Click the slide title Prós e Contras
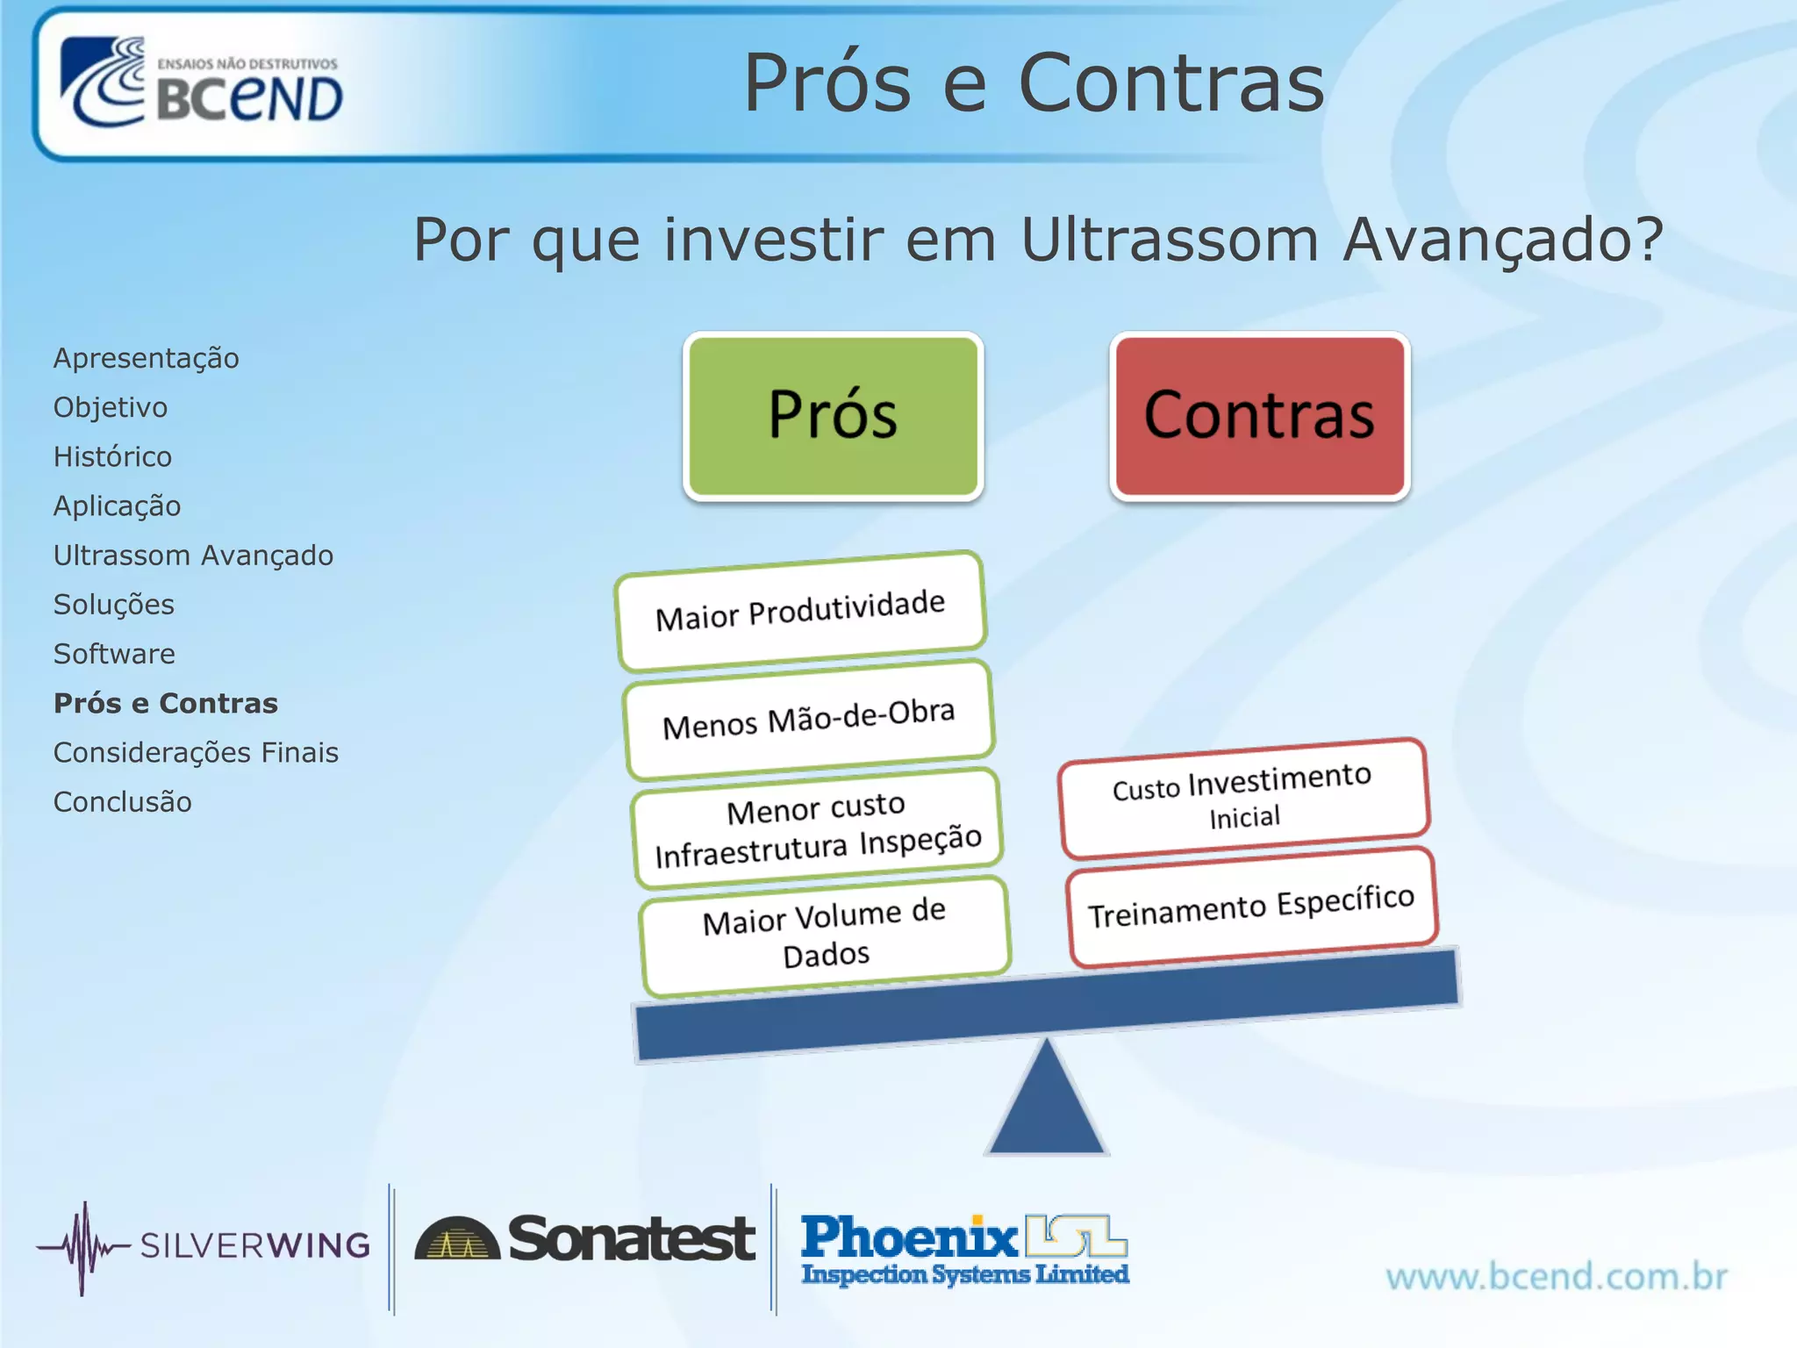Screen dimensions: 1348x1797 tap(1034, 83)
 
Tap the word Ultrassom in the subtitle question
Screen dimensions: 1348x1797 tap(1170, 239)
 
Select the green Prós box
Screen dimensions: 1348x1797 tap(833, 416)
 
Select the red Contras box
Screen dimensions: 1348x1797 tap(1259, 416)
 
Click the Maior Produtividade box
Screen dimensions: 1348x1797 tap(800, 610)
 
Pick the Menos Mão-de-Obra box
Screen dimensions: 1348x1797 tap(808, 719)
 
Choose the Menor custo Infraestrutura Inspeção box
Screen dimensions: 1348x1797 tap(817, 828)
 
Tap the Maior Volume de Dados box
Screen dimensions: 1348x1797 tap(825, 936)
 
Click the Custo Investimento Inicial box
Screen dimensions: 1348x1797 tap(1243, 797)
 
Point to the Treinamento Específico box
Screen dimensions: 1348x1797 tap(1251, 907)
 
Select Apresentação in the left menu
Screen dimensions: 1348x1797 tap(146, 358)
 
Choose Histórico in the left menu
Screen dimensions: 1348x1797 tap(112, 456)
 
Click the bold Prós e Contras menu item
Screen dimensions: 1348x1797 tap(165, 703)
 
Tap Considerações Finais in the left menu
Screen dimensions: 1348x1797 tap(196, 752)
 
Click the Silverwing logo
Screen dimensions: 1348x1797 tap(204, 1245)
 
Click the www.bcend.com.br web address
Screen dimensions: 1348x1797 tap(1557, 1276)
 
